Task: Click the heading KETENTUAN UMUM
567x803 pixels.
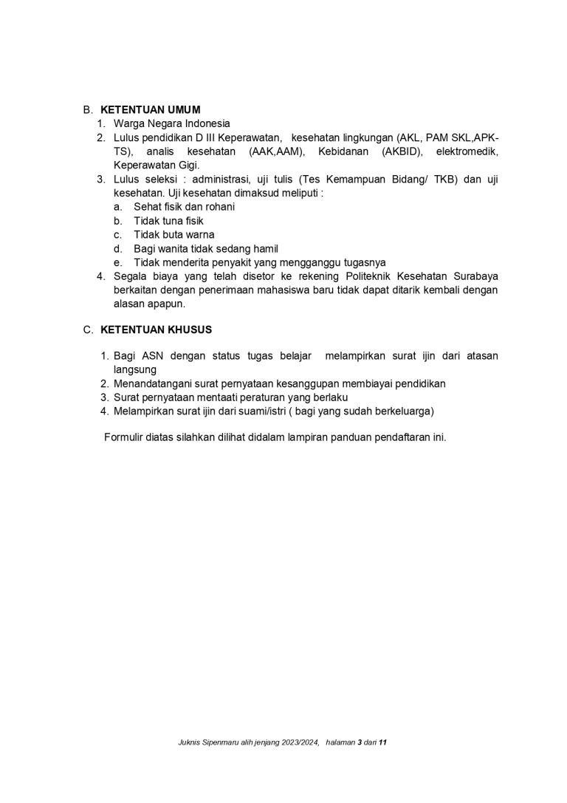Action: coord(150,110)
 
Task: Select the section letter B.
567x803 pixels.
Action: coord(86,110)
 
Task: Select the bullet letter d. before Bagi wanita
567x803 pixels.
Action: coord(117,248)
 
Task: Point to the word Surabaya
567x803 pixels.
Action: coord(474,276)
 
